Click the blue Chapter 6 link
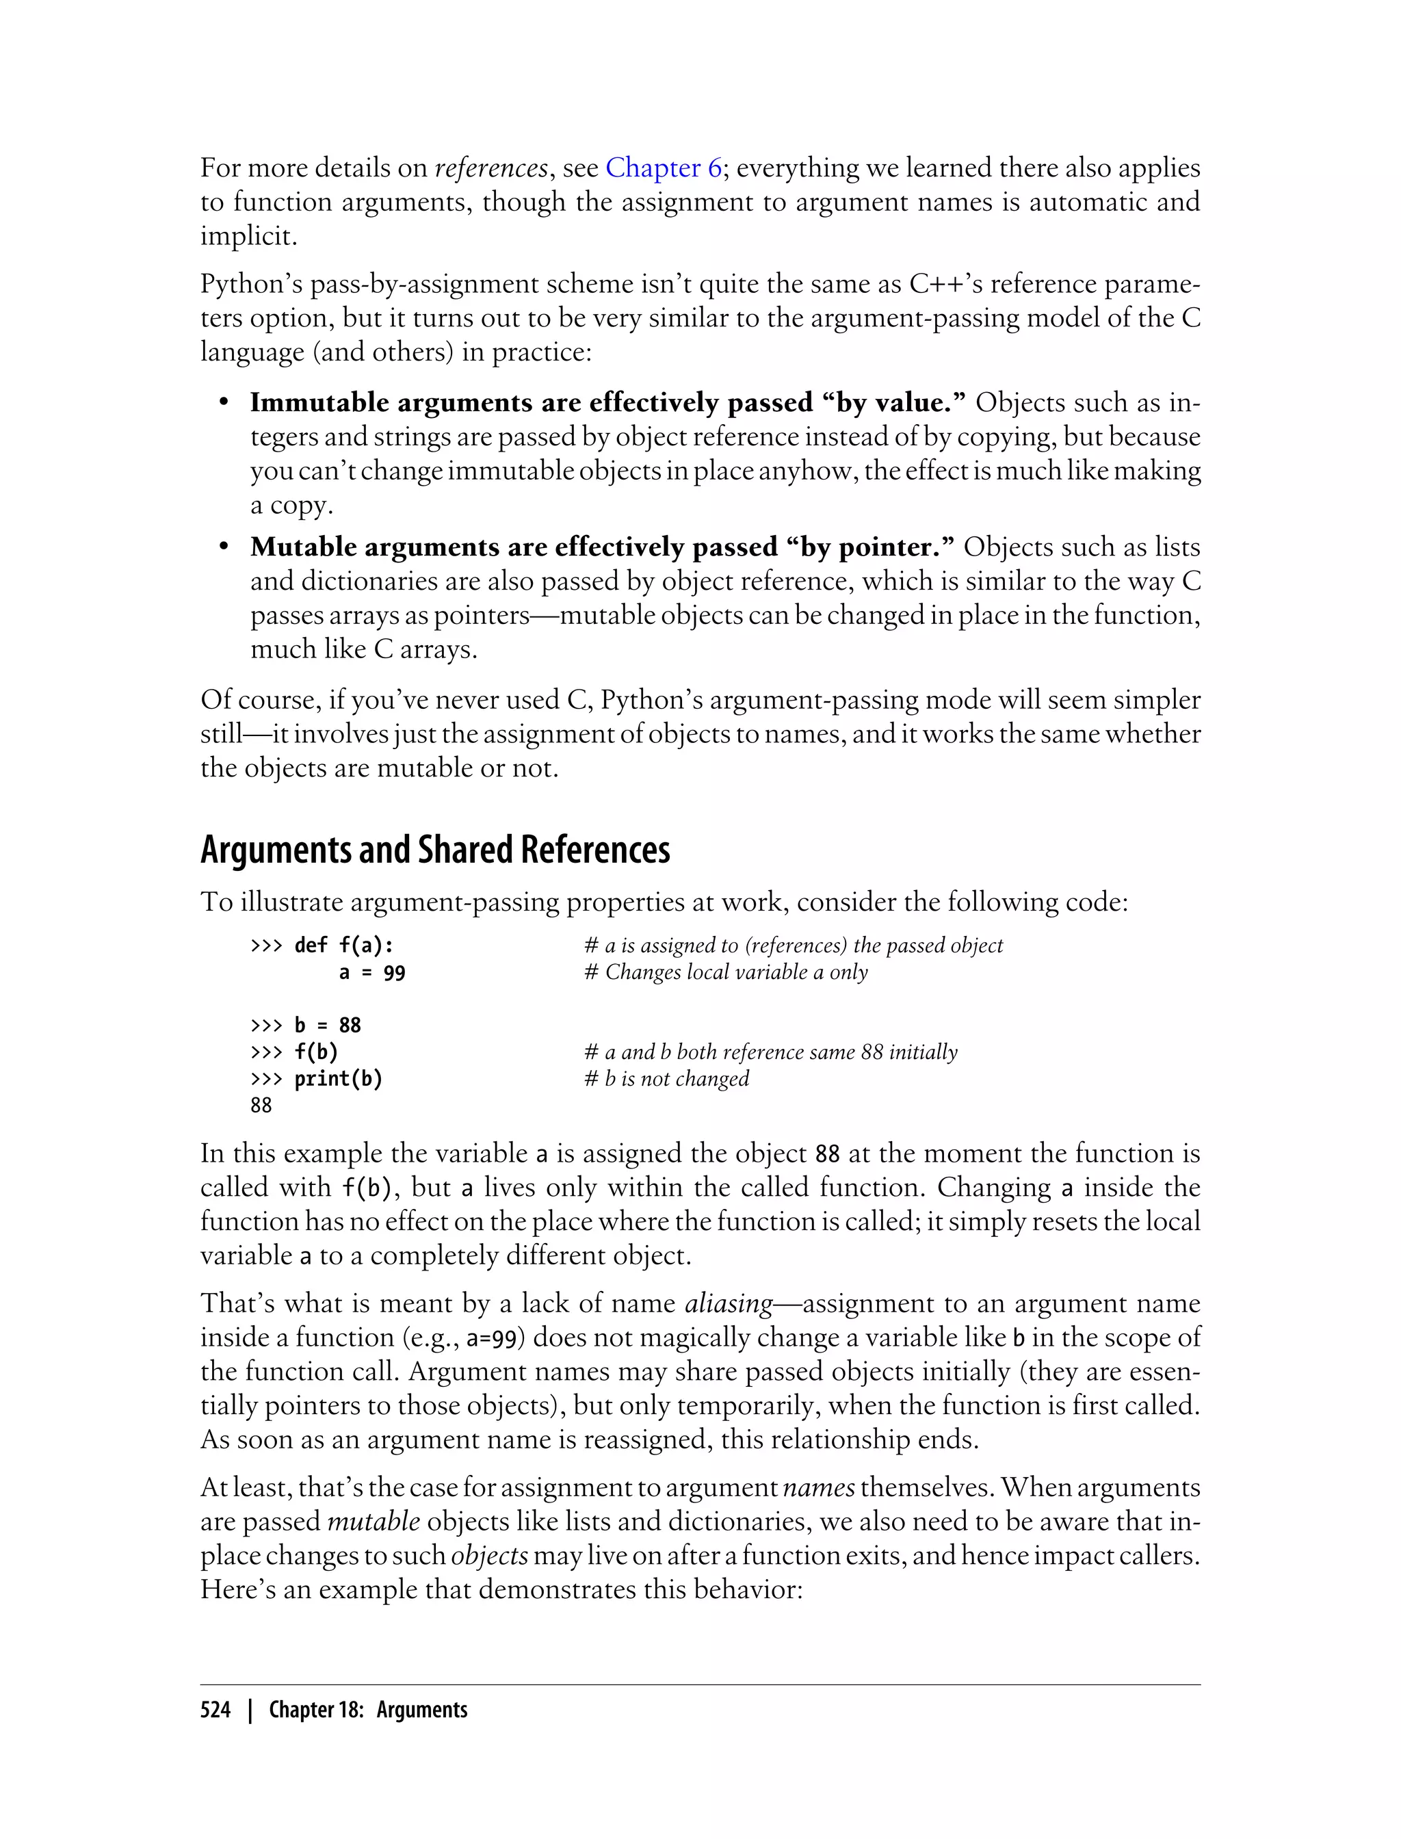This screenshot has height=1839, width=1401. tap(663, 168)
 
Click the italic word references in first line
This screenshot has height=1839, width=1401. tap(491, 168)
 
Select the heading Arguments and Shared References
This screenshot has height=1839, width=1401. tap(434, 850)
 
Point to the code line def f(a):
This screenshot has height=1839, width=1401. tap(343, 945)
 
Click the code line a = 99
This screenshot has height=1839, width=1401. tap(372, 972)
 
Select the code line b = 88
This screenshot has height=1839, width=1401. tap(327, 1025)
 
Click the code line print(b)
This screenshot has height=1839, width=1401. tap(338, 1078)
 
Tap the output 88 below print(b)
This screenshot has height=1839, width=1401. tap(261, 1105)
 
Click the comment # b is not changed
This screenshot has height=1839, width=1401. tap(666, 1078)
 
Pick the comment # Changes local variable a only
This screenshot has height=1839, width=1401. tap(726, 972)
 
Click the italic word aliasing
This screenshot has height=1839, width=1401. tap(728, 1303)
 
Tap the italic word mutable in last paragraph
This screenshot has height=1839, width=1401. tap(374, 1522)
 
